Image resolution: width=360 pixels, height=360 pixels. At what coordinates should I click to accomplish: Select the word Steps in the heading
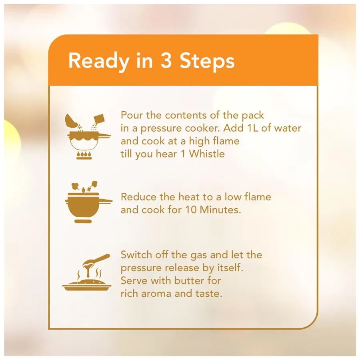coord(207,61)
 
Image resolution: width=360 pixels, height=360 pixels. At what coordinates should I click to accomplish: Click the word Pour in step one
coord(132,115)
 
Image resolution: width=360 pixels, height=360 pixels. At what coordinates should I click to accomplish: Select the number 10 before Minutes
coord(191,210)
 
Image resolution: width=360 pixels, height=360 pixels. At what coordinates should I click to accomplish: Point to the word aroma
coord(156,294)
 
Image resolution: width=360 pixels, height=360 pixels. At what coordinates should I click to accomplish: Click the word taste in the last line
coord(209,294)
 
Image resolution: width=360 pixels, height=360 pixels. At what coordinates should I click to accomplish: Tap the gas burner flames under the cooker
coord(84,155)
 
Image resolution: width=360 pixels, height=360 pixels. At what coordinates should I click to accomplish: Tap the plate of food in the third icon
coord(87,285)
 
